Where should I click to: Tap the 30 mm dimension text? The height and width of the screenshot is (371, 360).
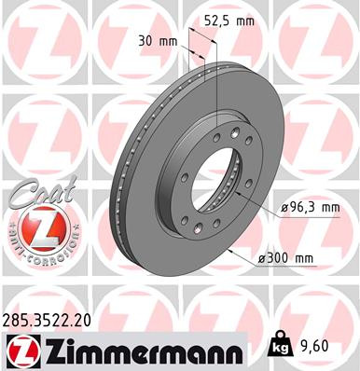[x=158, y=42]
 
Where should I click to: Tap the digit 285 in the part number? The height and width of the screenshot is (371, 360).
[x=16, y=321]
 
